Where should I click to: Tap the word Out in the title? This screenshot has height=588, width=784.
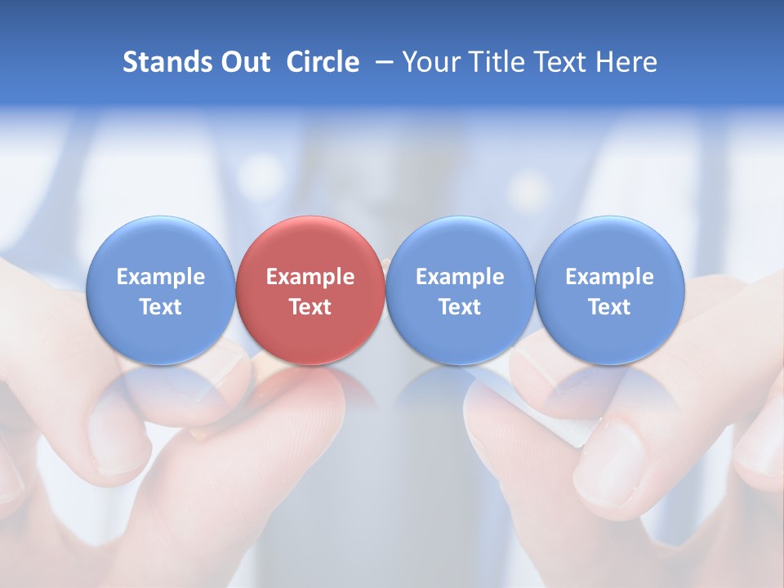[243, 62]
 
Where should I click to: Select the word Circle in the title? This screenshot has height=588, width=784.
[323, 62]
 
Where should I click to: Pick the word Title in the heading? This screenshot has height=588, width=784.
[492, 62]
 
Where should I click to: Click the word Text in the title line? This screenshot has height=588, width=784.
[558, 62]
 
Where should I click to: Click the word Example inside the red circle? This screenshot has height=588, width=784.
[310, 277]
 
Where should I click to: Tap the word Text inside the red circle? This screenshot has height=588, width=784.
[310, 307]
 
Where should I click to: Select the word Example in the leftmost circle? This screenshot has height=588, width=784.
[161, 277]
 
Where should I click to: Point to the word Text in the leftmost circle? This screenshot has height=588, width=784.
[161, 307]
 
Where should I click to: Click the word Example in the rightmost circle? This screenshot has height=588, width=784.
[610, 277]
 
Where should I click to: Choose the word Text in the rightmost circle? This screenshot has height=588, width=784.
[610, 307]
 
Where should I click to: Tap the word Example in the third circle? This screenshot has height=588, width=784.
[460, 277]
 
